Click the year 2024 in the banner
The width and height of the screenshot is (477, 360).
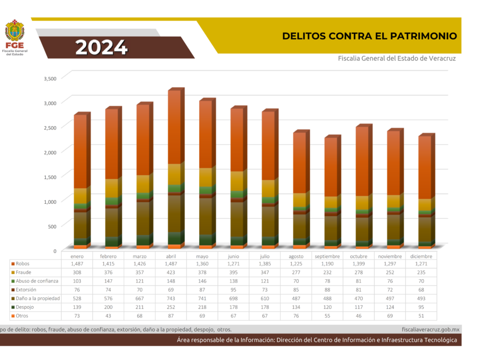click(x=101, y=48)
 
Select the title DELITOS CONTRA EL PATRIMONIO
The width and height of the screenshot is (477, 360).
click(x=369, y=36)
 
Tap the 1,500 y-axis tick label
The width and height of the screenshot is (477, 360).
click(x=49, y=177)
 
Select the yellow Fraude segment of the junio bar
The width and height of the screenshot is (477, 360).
click(x=237, y=181)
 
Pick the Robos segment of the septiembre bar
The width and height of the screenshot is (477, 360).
click(x=331, y=167)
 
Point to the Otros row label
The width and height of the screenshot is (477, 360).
click(x=22, y=316)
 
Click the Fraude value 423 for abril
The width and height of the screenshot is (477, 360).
click(x=171, y=273)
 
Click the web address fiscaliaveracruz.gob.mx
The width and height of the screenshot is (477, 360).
click(x=430, y=329)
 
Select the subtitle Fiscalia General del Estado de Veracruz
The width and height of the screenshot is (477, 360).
click(x=396, y=58)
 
